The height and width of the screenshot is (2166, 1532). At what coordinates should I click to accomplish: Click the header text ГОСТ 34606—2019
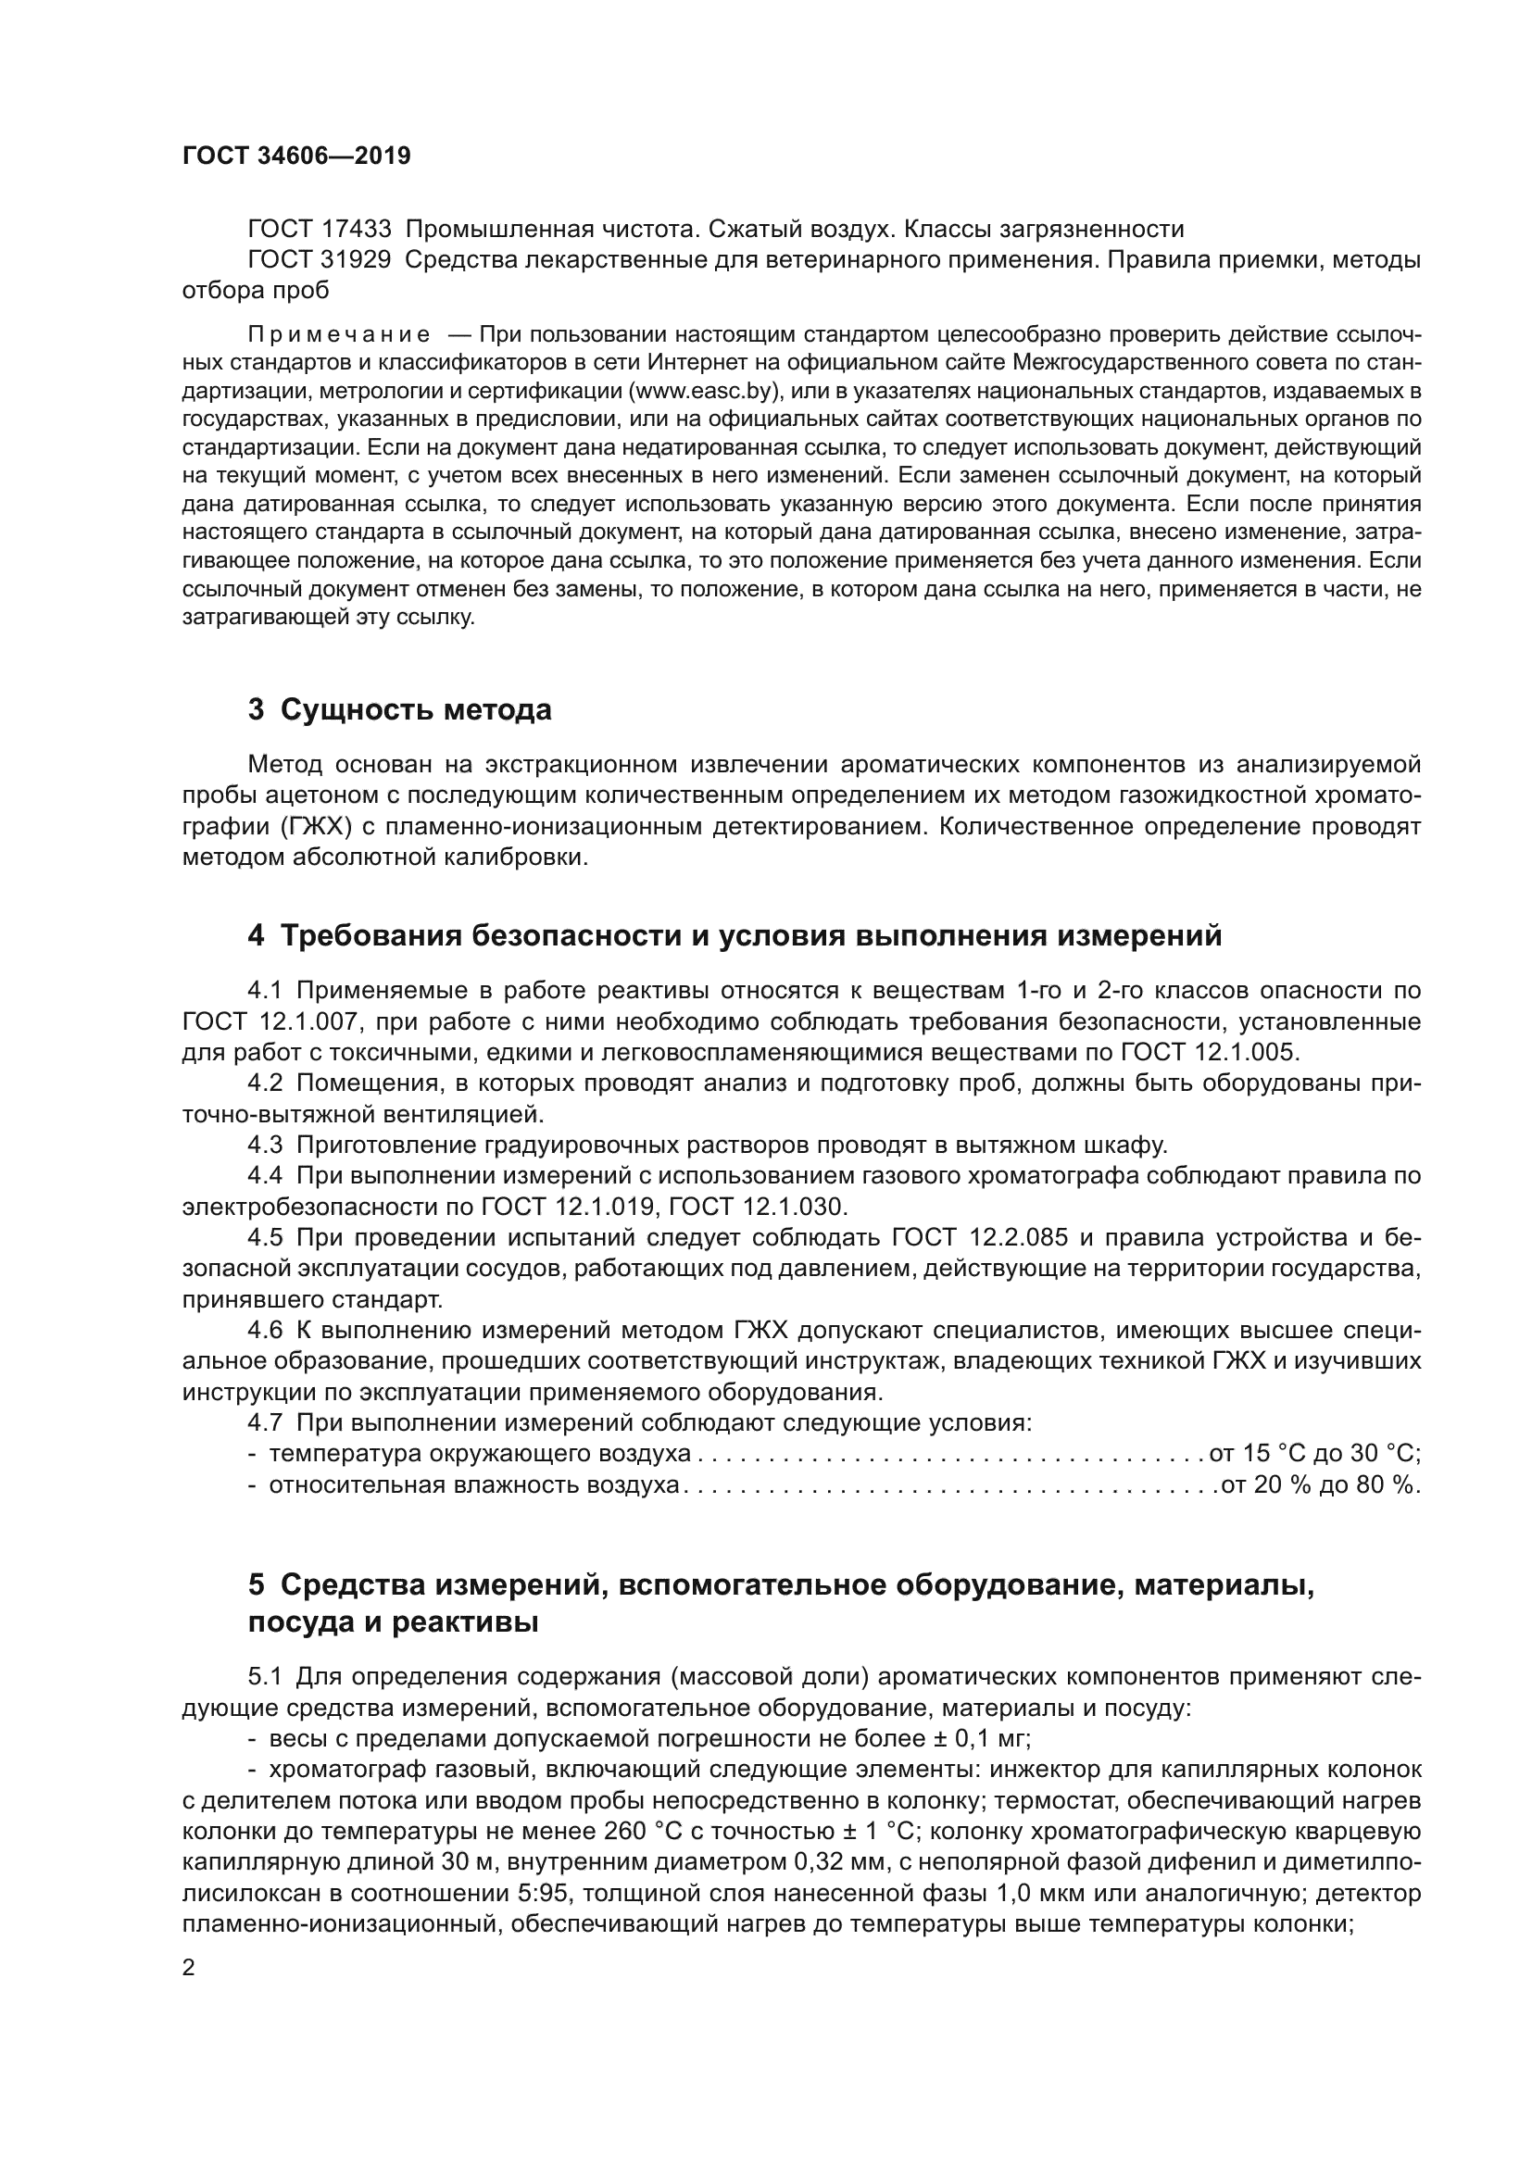click(296, 156)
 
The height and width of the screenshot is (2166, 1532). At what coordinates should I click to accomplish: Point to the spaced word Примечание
click(339, 334)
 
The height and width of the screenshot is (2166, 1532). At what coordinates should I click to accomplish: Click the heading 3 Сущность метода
click(399, 709)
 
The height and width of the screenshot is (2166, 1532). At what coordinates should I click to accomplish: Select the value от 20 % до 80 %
click(1320, 1484)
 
